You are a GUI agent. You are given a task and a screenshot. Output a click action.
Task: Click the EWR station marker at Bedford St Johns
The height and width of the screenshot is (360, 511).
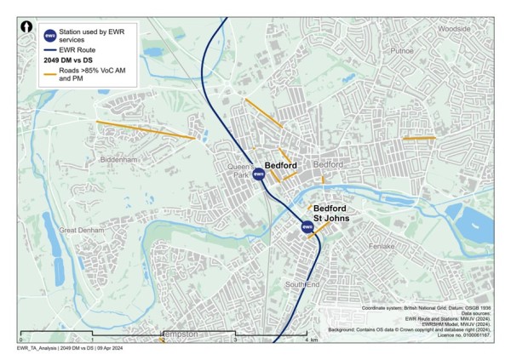tap(307, 226)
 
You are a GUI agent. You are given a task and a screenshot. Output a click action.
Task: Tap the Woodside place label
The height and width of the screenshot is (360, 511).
tap(453, 27)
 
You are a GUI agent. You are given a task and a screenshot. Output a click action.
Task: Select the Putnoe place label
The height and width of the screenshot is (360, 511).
tap(402, 51)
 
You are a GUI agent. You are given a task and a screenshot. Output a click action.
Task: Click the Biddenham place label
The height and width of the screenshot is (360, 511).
tap(118, 159)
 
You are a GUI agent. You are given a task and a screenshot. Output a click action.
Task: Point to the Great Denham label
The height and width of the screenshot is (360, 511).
tap(80, 230)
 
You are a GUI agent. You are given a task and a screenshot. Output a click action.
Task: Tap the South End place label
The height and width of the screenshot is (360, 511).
tap(301, 283)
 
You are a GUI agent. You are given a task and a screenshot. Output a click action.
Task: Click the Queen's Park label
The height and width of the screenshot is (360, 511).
tap(241, 170)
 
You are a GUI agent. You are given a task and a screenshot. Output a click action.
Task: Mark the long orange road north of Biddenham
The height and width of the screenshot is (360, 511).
tap(145, 129)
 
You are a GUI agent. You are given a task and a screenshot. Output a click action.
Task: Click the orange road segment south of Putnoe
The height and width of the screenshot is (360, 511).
tap(419, 138)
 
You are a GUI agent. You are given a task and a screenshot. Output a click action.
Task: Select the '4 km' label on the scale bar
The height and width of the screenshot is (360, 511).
tap(310, 340)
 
